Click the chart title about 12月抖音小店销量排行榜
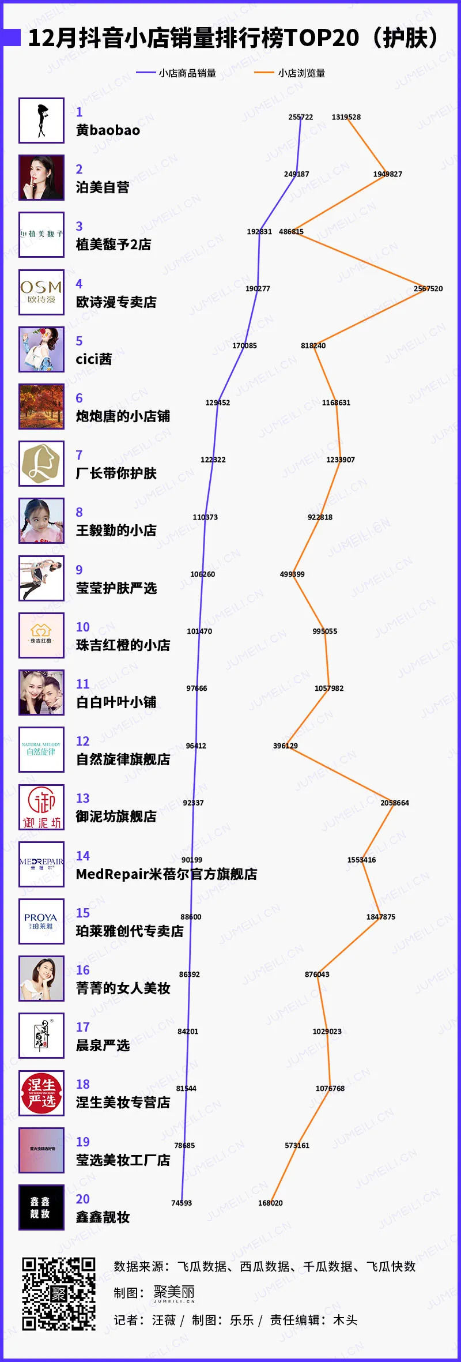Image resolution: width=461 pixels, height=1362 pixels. pos(233,38)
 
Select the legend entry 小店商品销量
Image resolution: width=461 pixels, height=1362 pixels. pos(187,73)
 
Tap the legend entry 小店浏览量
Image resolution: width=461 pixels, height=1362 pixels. pos(301,73)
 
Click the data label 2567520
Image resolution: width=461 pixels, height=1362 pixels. pos(428,288)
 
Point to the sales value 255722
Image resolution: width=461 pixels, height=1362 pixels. pos(300,117)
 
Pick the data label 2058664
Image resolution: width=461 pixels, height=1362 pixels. pos(395,803)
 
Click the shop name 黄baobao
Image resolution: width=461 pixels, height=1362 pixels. pos(108,130)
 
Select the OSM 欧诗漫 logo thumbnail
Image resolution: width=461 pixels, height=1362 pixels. pos(41,292)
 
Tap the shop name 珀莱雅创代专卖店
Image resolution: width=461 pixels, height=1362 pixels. pos(130,931)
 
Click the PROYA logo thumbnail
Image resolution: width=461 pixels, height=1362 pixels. pos(41,921)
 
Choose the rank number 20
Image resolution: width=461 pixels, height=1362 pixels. pos(83,1199)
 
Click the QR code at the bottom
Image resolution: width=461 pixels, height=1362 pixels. pos(59,1293)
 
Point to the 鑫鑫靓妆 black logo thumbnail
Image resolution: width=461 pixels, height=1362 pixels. pos(41,1207)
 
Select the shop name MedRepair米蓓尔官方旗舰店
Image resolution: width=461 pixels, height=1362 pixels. pos(167,874)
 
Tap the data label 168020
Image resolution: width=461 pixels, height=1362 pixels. pos(270,1203)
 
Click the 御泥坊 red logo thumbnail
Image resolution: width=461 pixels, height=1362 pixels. pos(41,807)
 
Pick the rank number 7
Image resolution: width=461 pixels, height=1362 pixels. pos(80,455)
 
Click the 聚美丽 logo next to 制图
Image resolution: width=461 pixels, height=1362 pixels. pos(174,1293)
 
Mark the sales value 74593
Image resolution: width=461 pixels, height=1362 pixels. pos(182,1203)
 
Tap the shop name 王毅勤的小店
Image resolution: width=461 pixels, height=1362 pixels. pos(116,530)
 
